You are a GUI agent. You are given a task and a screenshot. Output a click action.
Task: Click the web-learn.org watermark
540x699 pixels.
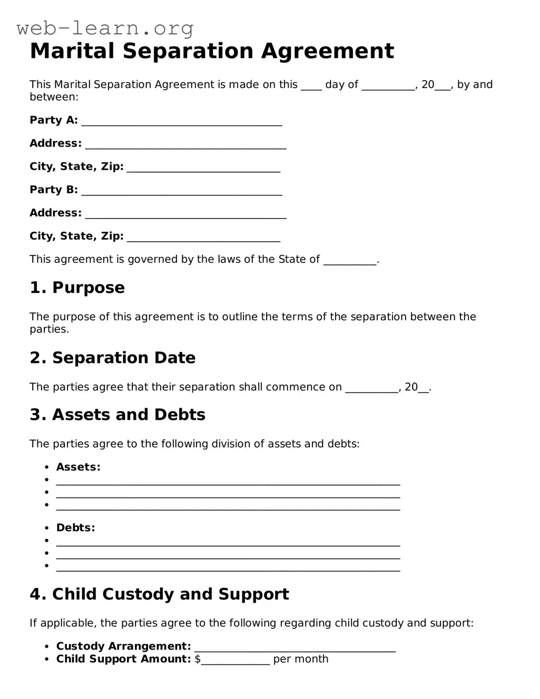click(x=105, y=28)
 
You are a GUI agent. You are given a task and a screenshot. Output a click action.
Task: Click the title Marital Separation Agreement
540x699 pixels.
click(x=212, y=51)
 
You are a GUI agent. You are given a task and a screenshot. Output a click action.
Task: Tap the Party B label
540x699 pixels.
click(x=53, y=190)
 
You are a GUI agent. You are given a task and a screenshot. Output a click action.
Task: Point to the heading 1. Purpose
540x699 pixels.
click(x=77, y=288)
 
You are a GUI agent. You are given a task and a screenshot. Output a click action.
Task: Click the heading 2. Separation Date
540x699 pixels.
click(x=112, y=358)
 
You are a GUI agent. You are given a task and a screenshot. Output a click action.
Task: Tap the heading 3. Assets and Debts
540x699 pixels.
click(x=117, y=415)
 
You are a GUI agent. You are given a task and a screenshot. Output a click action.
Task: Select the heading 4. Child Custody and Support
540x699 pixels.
click(x=159, y=594)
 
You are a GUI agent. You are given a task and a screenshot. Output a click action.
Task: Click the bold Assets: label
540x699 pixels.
click(x=78, y=467)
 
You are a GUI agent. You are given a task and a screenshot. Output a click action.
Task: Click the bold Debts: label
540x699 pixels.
click(x=75, y=528)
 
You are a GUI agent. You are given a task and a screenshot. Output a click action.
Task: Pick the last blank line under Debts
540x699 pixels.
click(x=228, y=567)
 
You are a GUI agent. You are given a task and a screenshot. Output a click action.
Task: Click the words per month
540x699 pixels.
click(x=300, y=659)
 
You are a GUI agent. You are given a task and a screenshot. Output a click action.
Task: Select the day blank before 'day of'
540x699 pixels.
click(x=311, y=86)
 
